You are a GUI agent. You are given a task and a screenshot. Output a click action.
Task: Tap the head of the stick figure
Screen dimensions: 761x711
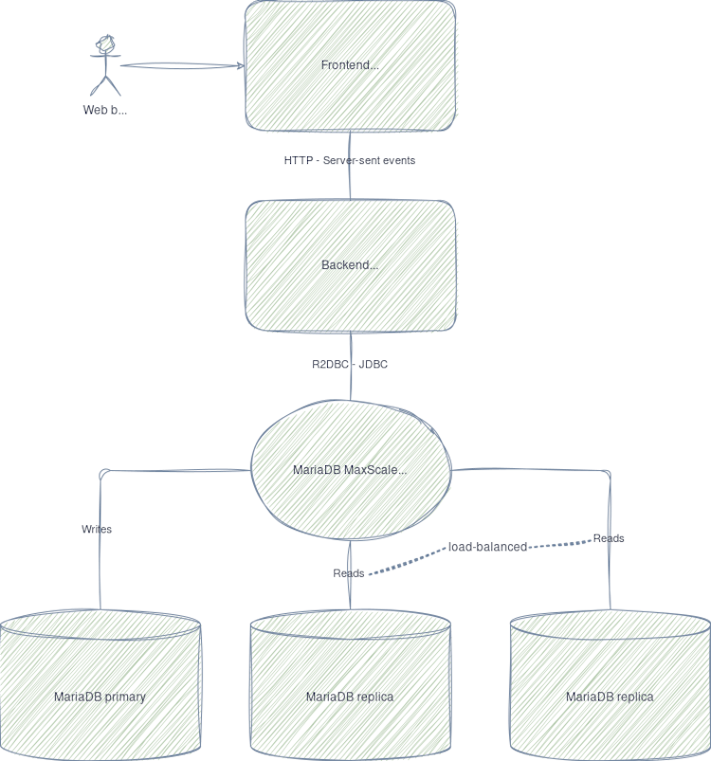[x=105, y=44]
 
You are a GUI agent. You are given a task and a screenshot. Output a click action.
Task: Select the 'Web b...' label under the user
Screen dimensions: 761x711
[x=104, y=110]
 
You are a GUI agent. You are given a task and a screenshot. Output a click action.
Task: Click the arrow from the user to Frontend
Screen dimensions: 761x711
[x=180, y=66]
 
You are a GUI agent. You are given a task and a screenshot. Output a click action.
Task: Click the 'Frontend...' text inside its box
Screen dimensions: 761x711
[x=350, y=65]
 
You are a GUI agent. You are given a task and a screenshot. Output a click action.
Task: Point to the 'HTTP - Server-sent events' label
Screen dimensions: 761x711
[x=350, y=160]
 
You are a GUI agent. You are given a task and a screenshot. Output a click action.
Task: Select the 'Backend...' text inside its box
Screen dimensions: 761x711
[x=350, y=265]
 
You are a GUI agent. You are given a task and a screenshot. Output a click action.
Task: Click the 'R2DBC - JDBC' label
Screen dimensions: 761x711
[x=350, y=364]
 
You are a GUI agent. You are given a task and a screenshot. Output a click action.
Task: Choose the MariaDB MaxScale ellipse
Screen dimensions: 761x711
[x=350, y=469]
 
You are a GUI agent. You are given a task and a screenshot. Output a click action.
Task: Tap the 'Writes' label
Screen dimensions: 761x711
[x=97, y=529]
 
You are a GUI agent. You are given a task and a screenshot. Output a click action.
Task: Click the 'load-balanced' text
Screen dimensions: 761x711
[x=487, y=547]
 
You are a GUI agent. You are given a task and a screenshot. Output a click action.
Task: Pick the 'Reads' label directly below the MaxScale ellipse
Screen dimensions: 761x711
[x=348, y=573]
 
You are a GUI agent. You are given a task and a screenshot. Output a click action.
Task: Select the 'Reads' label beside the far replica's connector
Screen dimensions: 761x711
[x=609, y=538]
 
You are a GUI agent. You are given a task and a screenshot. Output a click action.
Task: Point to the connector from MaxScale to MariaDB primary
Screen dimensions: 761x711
[x=171, y=469]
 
